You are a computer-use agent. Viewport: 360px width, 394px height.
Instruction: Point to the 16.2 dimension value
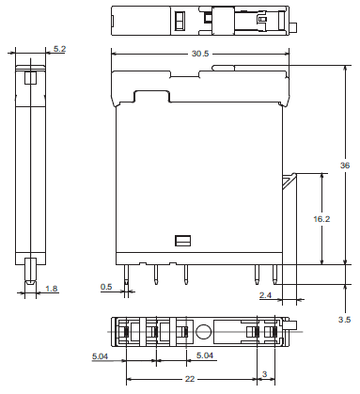[x=321, y=218]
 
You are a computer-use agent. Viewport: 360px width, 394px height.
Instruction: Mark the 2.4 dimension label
[x=266, y=295]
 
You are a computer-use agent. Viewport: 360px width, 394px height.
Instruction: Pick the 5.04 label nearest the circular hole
[x=203, y=356]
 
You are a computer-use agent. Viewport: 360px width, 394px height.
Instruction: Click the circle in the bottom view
[x=203, y=331]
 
